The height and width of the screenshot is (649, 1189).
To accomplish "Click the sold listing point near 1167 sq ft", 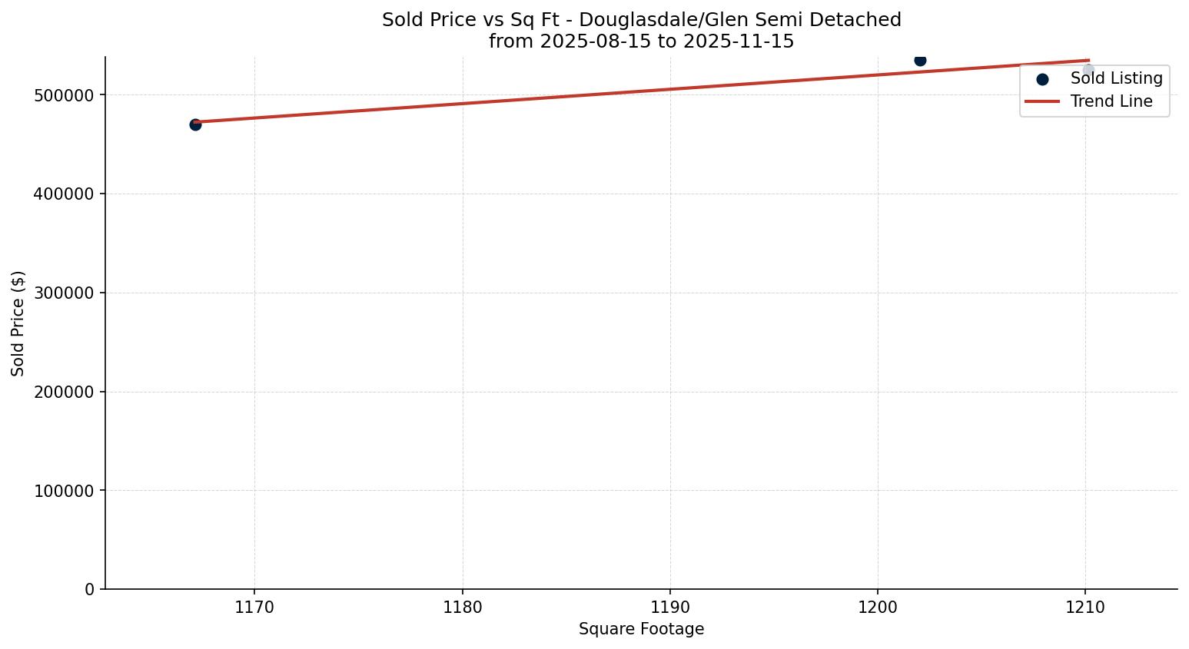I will [x=195, y=124].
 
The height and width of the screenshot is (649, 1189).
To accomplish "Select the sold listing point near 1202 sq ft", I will [x=920, y=60].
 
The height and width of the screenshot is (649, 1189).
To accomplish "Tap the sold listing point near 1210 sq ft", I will [x=1088, y=70].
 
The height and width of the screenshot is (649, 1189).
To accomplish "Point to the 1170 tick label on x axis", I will [x=254, y=608].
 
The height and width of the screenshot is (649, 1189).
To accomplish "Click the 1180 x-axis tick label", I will [x=462, y=608].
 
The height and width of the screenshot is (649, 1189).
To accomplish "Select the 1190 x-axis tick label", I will [x=670, y=608].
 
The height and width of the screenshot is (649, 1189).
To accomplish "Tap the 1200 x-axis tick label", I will [x=878, y=608].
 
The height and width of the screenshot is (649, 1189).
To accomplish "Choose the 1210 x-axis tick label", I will [x=1085, y=608].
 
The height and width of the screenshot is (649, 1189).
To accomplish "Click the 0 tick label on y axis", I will [x=90, y=590].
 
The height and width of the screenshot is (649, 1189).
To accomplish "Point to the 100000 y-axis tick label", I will [x=65, y=491].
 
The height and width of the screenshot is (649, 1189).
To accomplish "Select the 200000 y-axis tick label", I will [x=65, y=392].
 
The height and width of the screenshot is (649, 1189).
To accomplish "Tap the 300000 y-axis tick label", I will [x=65, y=293].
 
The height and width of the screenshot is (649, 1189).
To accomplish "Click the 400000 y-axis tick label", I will [x=65, y=194].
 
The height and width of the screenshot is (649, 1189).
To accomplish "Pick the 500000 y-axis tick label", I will [x=65, y=95].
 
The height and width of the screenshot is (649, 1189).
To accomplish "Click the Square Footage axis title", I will [x=641, y=629].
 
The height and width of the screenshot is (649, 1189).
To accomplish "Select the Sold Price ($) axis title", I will [x=18, y=323].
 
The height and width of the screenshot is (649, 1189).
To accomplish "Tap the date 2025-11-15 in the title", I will [x=738, y=41].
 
